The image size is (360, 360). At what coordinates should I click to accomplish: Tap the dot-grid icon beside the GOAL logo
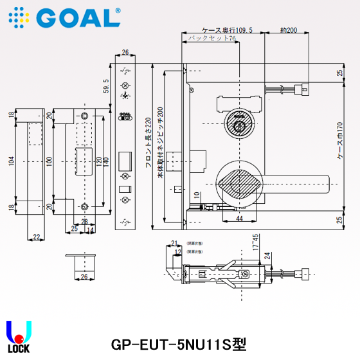pos(18,17)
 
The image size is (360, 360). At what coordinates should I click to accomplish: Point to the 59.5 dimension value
pos(106,84)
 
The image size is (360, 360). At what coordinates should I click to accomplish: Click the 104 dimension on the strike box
pos(11,159)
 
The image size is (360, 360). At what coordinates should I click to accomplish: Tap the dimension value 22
pos(36,237)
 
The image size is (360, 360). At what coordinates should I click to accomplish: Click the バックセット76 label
pos(212,39)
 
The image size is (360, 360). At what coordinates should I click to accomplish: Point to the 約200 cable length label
pos(289,30)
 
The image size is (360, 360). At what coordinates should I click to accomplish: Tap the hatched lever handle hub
pos(239,184)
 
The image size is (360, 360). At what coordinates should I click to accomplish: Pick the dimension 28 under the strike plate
pos(84,221)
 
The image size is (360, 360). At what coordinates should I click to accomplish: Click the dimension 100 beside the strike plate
pos(49,159)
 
